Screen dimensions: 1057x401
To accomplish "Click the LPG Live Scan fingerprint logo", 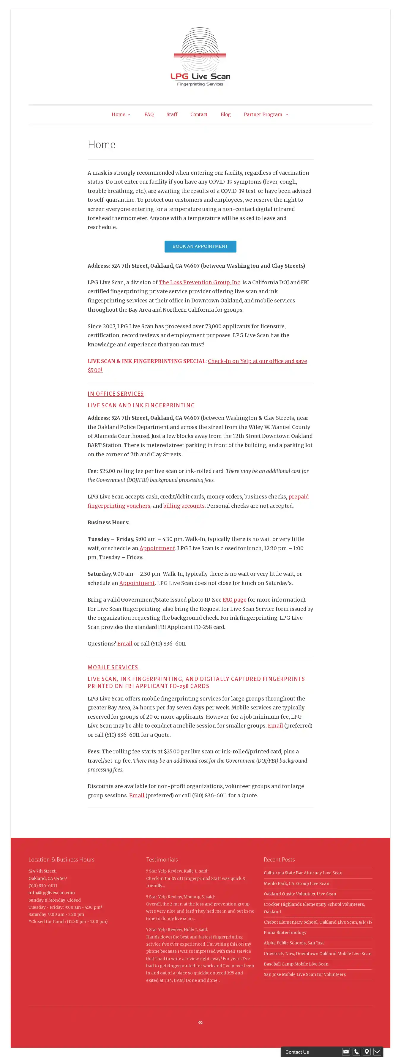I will (x=200, y=57).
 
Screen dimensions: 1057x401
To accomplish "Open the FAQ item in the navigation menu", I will (x=149, y=114).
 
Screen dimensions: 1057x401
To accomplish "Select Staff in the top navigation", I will (x=172, y=114).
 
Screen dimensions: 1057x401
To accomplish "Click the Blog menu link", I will (x=225, y=114).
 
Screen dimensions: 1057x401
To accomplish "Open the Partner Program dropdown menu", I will (x=266, y=114).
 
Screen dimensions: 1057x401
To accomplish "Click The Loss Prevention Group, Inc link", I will (x=199, y=282).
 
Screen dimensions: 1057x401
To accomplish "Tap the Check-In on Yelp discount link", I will (x=257, y=361).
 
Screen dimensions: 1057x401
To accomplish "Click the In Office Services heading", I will (x=115, y=394).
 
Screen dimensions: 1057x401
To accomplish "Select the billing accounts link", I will (x=184, y=506).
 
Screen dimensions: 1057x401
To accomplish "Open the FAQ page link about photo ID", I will (x=234, y=600).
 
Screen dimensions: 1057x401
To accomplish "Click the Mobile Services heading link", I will (x=113, y=668).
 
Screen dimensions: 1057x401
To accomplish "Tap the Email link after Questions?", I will (x=125, y=644).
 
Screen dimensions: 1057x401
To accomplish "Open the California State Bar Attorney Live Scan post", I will (x=303, y=873).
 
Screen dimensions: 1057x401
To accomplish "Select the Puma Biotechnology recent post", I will (x=285, y=932).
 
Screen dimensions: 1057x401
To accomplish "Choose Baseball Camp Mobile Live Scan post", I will (x=296, y=964).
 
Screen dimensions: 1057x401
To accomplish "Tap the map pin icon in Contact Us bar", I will (x=367, y=1052).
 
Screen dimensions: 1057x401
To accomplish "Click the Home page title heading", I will (x=101, y=144).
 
